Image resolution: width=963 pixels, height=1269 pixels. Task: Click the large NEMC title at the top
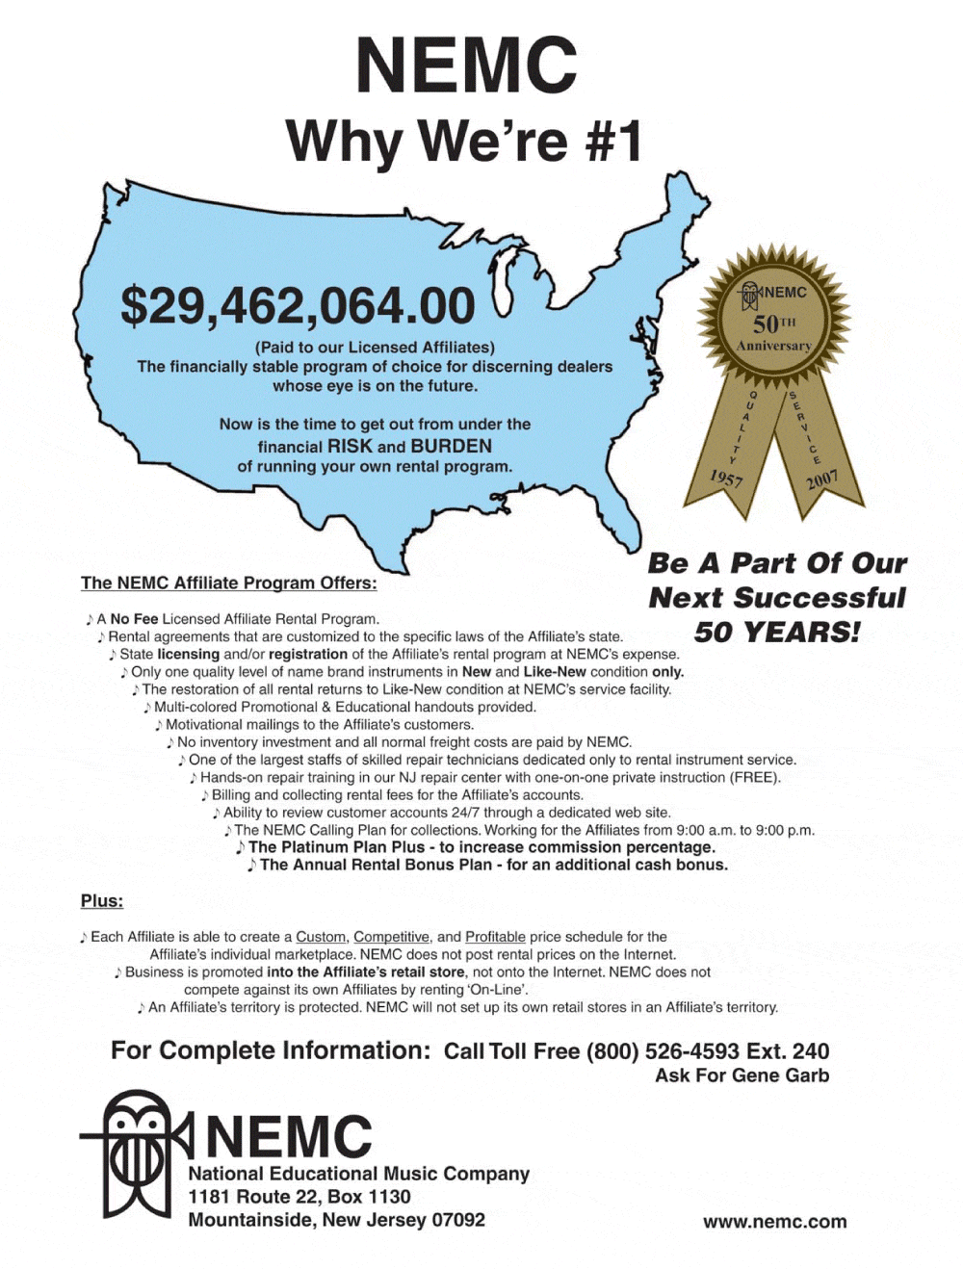pyautogui.click(x=466, y=65)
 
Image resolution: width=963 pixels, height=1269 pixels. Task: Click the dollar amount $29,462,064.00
pyautogui.click(x=298, y=306)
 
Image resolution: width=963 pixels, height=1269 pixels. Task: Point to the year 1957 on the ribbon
pyautogui.click(x=726, y=478)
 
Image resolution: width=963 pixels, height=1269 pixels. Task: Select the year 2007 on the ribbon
pyautogui.click(x=822, y=479)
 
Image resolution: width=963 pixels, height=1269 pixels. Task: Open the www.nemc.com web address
pyautogui.click(x=774, y=1222)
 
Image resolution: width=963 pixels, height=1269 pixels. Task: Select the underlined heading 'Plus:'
pyautogui.click(x=102, y=901)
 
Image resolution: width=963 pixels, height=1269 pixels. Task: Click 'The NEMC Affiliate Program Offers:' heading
pyautogui.click(x=228, y=583)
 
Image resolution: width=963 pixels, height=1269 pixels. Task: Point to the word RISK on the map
pyautogui.click(x=350, y=446)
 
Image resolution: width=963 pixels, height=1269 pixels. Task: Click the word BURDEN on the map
pyautogui.click(x=451, y=446)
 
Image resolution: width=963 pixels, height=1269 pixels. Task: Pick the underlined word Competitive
pyautogui.click(x=391, y=937)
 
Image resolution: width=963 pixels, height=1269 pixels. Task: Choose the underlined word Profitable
pyautogui.click(x=495, y=937)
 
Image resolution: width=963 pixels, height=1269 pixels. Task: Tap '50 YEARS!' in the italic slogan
pyautogui.click(x=776, y=633)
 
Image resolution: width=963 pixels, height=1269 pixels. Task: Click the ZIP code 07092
pyautogui.click(x=457, y=1220)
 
